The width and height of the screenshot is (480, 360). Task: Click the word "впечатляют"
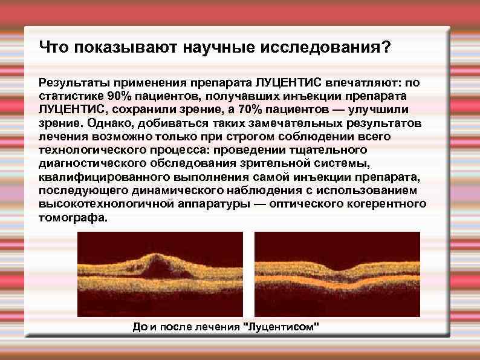[358, 83]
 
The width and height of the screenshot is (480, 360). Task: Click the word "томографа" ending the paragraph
[71, 216]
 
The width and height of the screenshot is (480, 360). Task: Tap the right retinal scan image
[336, 275]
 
